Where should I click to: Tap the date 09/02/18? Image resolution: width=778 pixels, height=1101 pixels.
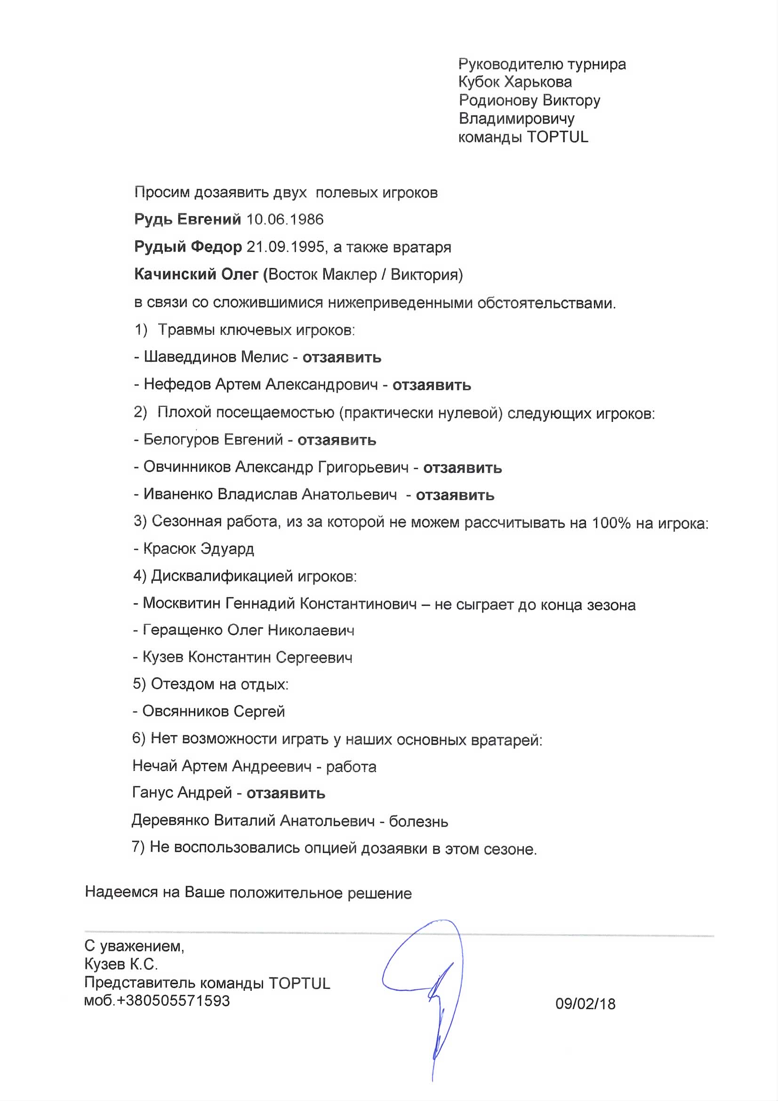pyautogui.click(x=586, y=1004)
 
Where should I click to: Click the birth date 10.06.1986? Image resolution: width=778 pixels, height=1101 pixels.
pyautogui.click(x=285, y=219)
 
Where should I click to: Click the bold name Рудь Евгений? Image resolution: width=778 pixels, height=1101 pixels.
pyautogui.click(x=187, y=219)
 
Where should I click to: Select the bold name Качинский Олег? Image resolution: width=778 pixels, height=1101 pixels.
pyautogui.click(x=197, y=274)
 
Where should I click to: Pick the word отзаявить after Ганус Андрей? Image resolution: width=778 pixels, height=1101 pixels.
pyautogui.click(x=286, y=793)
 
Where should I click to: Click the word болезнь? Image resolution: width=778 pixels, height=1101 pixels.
pyautogui.click(x=418, y=821)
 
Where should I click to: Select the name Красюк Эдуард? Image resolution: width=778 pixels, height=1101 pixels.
pyautogui.click(x=199, y=549)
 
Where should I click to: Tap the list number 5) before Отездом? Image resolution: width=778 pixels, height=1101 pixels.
pyautogui.click(x=139, y=684)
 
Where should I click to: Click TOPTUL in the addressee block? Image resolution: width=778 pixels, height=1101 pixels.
pyautogui.click(x=557, y=137)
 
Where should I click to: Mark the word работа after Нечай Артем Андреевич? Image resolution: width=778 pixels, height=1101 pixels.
pyautogui.click(x=351, y=767)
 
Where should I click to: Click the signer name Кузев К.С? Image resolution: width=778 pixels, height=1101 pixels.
pyautogui.click(x=121, y=964)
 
